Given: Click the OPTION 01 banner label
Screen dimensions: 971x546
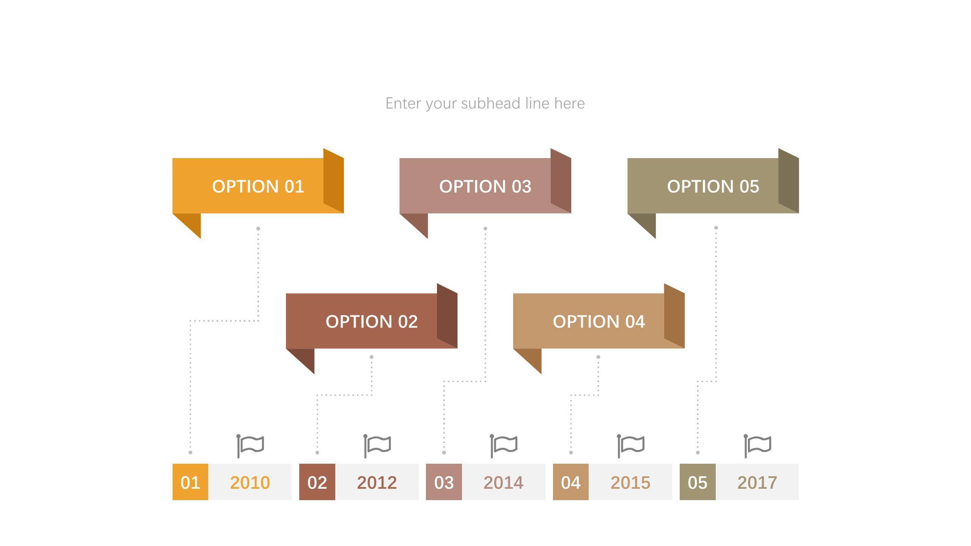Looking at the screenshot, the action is (x=258, y=187).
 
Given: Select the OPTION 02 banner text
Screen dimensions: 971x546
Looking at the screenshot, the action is (x=372, y=322).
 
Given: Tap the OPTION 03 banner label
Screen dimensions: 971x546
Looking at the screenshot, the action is (x=485, y=187).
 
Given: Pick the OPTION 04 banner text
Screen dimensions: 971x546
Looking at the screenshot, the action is (x=599, y=322).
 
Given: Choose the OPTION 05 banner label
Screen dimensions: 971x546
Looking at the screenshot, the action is (x=713, y=187).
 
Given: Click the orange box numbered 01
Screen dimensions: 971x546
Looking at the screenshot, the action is (x=190, y=482).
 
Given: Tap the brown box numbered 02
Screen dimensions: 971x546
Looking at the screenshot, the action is (x=317, y=482).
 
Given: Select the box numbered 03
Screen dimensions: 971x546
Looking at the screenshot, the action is (x=444, y=482).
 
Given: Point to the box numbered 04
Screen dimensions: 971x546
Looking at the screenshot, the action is (x=571, y=482).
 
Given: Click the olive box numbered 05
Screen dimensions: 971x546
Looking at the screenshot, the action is (x=698, y=482).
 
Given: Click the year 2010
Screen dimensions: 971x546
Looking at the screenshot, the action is (x=250, y=483).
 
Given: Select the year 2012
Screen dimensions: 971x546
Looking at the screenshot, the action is (x=377, y=483).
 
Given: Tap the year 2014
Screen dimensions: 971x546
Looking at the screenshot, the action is (x=504, y=483).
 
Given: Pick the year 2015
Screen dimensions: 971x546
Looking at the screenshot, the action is (x=630, y=483).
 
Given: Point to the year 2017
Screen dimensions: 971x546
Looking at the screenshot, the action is (x=757, y=483).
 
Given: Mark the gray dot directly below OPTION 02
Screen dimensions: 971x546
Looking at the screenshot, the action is (x=372, y=357).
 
